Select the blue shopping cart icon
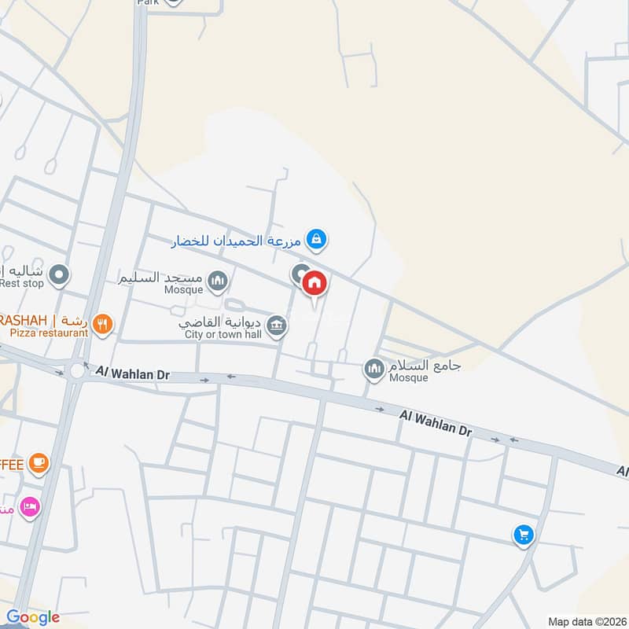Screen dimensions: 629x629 pos(524,536)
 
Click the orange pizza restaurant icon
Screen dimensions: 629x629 pos(102,323)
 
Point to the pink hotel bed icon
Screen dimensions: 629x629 pos(30,507)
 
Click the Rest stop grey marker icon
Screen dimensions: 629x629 pos(59,275)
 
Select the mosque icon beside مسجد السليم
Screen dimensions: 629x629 pos(218,280)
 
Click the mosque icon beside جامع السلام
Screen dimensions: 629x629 pos(374,367)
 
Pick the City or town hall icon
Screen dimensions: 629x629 pos(276,325)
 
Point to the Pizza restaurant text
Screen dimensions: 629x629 pos(49,333)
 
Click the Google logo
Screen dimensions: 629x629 pos(32,617)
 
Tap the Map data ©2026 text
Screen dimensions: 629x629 pos(586,621)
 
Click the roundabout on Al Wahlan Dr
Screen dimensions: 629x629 pos(76,370)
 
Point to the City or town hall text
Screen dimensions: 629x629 pos(222,334)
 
